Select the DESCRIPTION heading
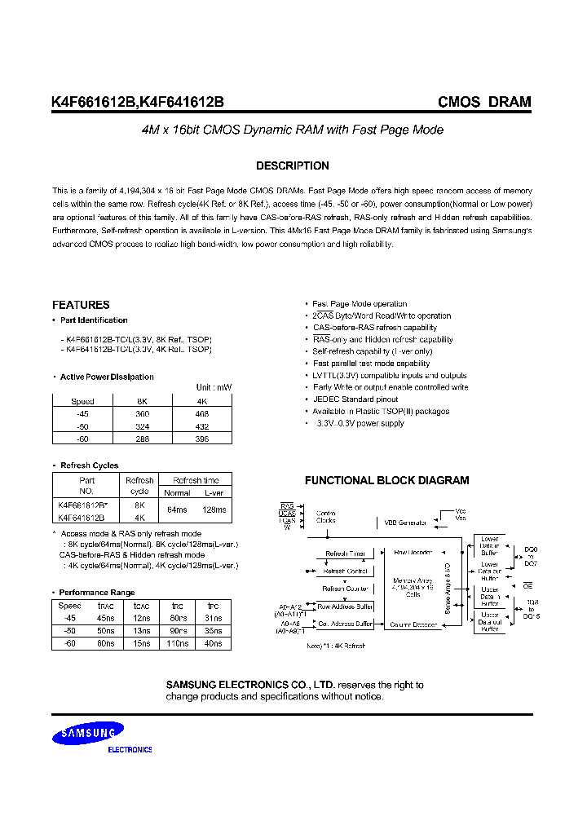[293, 166]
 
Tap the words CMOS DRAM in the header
[484, 103]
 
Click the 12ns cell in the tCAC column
[141, 619]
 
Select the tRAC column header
[106, 607]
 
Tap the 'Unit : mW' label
[214, 387]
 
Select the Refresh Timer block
[345, 554]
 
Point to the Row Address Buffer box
[345, 607]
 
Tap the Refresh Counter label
[345, 588]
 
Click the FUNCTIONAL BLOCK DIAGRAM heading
[386, 481]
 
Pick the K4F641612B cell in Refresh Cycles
[82, 517]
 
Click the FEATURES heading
[81, 305]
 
